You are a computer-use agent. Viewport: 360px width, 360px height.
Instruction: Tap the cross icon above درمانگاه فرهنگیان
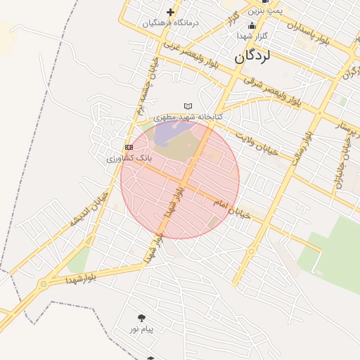click(170, 12)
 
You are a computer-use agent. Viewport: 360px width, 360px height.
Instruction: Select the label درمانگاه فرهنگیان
click(171, 22)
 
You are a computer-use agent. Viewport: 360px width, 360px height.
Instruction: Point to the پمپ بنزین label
click(267, 11)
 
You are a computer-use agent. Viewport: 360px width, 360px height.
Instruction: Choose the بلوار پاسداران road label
click(307, 35)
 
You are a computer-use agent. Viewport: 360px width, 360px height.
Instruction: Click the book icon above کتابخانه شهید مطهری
click(188, 105)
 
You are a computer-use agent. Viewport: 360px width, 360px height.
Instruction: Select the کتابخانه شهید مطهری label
click(188, 116)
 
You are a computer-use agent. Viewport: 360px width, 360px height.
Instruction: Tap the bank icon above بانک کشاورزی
click(129, 147)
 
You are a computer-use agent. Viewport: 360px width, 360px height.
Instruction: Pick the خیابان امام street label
click(231, 208)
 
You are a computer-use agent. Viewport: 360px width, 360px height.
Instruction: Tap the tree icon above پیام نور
click(141, 318)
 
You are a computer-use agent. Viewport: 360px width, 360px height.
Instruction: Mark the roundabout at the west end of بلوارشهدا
click(45, 284)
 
